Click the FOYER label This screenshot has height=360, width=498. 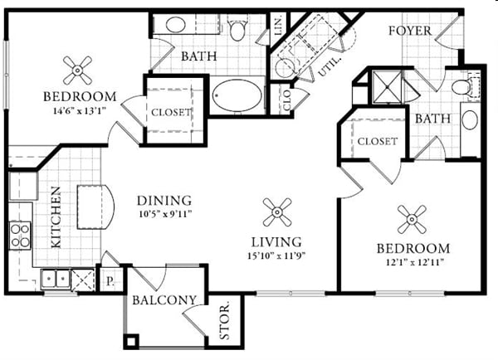411,32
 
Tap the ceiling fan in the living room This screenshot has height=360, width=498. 276,212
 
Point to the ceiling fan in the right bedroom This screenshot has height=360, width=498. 412,219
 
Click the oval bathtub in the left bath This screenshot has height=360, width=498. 236,95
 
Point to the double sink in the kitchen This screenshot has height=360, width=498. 56,279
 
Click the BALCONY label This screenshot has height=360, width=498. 164,300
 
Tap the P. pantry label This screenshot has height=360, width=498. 110,280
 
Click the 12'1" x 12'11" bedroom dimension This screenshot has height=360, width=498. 413,262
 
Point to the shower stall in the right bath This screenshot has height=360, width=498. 385,85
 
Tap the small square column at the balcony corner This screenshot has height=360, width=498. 130,341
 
